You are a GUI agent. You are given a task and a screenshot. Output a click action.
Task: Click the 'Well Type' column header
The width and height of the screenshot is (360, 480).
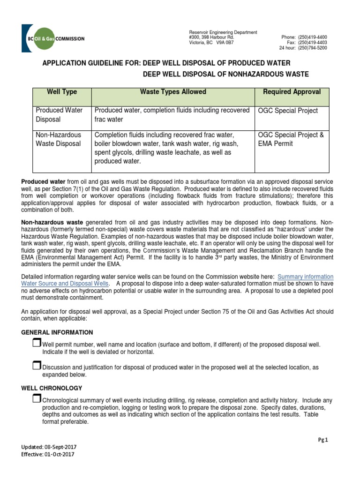[62, 92]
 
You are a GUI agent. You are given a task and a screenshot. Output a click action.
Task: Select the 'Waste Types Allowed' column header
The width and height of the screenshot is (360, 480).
[173, 92]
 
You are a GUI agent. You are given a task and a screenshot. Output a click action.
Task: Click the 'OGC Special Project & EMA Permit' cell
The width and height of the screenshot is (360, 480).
[291, 139]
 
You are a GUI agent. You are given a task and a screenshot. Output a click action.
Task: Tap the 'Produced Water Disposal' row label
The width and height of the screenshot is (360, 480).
[59, 115]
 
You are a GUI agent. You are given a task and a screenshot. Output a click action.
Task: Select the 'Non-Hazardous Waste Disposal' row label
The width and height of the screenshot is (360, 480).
[59, 139]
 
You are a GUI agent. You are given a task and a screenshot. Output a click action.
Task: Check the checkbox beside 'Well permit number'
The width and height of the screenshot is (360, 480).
[37, 344]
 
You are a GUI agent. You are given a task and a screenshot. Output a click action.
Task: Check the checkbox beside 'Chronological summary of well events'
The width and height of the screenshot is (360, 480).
[37, 399]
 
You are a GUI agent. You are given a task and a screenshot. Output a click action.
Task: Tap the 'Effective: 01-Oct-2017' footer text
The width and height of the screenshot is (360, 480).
[47, 454]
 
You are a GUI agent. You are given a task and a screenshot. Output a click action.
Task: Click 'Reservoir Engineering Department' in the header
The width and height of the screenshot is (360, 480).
[223, 32]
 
